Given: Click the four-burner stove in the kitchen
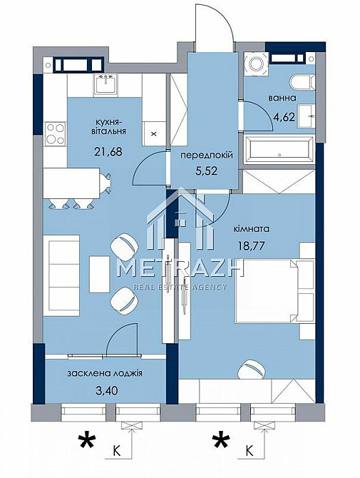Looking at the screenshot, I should (54, 133).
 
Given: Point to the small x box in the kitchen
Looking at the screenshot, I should (153, 133).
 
